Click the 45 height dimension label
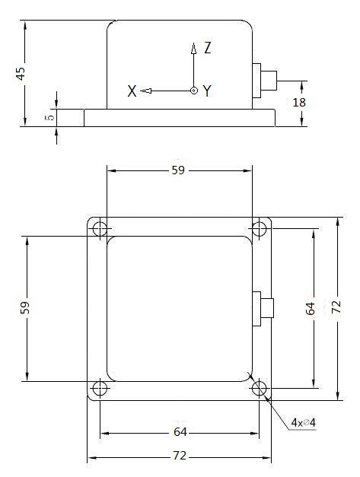tap(21, 74)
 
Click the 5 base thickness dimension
tap(51, 117)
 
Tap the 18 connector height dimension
tap(299, 103)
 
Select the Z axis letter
tap(208, 48)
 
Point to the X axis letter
tap(132, 91)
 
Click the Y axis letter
tap(207, 91)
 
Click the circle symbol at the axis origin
tap(194, 91)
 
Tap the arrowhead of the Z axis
tap(193, 49)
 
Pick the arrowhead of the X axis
tap(146, 91)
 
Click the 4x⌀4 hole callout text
tap(303, 422)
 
